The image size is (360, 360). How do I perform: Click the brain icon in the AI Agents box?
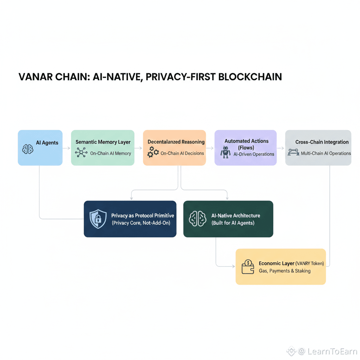click(28, 149)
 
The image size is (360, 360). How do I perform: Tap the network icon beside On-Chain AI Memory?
click(82, 153)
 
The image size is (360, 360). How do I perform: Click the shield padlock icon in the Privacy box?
click(98, 219)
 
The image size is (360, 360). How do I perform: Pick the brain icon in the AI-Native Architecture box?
click(198, 218)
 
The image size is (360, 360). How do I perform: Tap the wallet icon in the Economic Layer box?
click(248, 267)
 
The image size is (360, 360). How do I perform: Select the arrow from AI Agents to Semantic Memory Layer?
click(66, 148)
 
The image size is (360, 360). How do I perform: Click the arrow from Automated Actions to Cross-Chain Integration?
click(281, 148)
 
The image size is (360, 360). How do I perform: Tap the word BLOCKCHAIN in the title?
click(250, 77)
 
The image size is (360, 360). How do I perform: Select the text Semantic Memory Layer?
click(103, 142)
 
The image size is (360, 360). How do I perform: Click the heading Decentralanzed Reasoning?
click(176, 142)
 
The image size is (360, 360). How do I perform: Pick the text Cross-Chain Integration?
click(322, 142)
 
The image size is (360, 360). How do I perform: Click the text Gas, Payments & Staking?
click(285, 271)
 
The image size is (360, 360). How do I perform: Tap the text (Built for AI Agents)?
click(233, 223)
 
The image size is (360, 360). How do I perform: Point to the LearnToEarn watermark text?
click(332, 351)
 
